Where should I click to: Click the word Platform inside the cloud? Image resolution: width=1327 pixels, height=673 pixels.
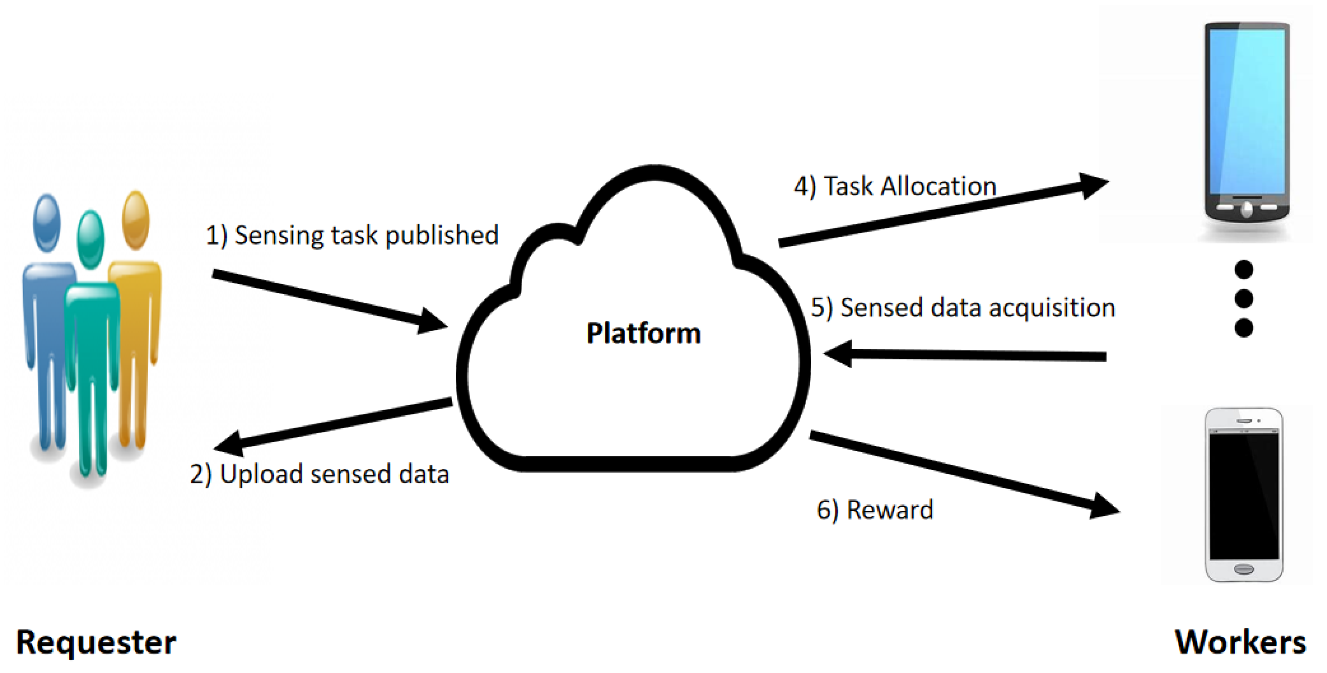tap(644, 333)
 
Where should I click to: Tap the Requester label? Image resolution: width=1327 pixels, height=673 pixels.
tap(97, 643)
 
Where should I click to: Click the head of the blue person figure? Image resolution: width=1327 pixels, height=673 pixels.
tap(47, 223)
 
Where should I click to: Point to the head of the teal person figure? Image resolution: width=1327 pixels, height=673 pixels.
tap(90, 239)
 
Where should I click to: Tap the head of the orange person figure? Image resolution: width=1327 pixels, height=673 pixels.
tap(135, 219)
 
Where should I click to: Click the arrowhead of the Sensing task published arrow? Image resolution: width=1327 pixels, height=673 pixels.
tap(433, 321)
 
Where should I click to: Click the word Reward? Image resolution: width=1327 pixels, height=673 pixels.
tap(890, 510)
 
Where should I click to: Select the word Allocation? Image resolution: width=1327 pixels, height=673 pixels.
tap(938, 187)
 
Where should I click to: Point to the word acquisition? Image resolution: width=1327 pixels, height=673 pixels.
tap(1052, 308)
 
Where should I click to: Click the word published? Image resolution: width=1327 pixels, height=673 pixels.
tap(442, 236)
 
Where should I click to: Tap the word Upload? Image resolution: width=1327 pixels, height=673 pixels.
tap(261, 474)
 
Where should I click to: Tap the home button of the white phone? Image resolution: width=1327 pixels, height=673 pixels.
tap(1243, 570)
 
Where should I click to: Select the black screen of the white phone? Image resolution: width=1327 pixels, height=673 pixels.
tap(1243, 497)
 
